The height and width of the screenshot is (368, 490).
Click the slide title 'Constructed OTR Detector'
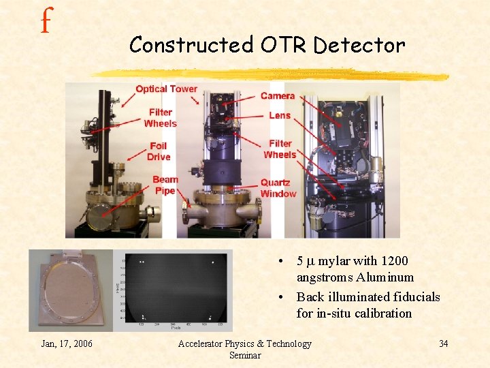point(267,45)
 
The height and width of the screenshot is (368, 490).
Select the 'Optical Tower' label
point(166,89)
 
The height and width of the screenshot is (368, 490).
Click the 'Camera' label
point(278,96)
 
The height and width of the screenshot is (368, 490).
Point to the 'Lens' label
point(279,115)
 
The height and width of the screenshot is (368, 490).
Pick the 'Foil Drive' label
point(159,151)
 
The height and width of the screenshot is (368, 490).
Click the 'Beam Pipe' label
point(165,185)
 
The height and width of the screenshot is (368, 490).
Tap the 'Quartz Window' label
point(278,188)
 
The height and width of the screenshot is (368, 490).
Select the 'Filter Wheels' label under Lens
point(280,149)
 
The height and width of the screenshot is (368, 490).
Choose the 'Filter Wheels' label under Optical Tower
point(161,118)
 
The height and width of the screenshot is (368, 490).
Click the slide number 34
point(443,343)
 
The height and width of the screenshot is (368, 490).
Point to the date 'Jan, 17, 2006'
point(67,343)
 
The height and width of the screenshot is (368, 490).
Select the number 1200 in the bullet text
point(395,261)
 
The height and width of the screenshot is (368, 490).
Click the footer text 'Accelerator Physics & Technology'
point(244,343)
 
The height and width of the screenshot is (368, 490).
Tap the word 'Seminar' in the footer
point(244,355)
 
